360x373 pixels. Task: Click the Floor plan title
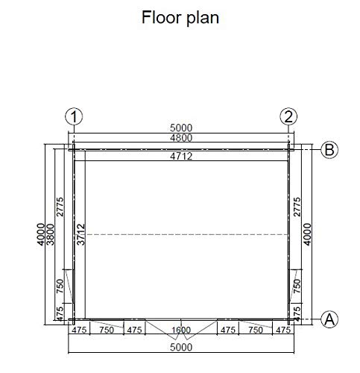[x=180, y=18]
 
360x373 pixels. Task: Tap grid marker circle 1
[x=74, y=116]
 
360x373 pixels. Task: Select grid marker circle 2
[x=288, y=116]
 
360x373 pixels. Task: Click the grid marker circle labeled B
[x=329, y=150]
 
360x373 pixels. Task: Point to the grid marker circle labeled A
[x=329, y=319]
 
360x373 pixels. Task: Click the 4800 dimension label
[x=181, y=138]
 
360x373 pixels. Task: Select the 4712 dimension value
[x=181, y=156]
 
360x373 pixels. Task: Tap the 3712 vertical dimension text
[x=80, y=234]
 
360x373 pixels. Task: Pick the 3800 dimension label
[x=50, y=234]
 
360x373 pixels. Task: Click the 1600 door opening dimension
[x=181, y=330]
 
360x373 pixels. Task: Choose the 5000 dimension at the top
[x=181, y=128]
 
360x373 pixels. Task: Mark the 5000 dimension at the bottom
[x=181, y=347]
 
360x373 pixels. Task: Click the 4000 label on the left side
[x=41, y=234]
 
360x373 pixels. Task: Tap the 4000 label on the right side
[x=307, y=234]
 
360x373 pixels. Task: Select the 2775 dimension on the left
[x=60, y=207]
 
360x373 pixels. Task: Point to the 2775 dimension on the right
[x=297, y=207]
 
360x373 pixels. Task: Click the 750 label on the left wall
[x=60, y=286]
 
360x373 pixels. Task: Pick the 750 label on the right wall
[x=297, y=286]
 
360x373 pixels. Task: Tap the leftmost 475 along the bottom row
[x=79, y=330]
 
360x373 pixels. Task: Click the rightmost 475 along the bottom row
[x=283, y=330]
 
